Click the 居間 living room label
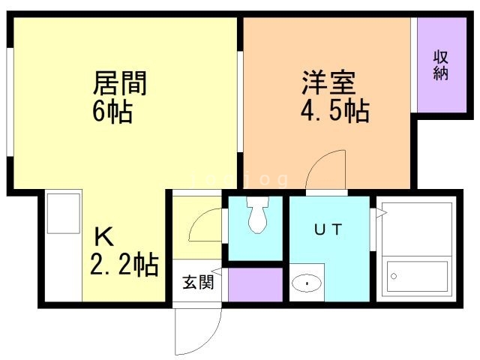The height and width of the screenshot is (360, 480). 120,82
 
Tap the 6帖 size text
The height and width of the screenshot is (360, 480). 112,112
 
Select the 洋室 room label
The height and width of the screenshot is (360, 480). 328,82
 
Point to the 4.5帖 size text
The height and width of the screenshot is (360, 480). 335,111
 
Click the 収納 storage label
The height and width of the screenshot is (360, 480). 441,65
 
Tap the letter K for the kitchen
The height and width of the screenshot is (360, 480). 104,237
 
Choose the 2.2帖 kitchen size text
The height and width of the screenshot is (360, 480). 124,264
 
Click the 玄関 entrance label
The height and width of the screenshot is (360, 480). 198,282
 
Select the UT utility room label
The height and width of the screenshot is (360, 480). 328,229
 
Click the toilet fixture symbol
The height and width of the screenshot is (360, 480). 258,214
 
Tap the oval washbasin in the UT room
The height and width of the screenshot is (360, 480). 307,283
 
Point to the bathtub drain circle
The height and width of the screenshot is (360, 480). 394,276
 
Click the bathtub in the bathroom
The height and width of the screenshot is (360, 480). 417,277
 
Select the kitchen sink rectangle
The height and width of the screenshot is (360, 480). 64,213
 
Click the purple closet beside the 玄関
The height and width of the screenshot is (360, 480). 255,285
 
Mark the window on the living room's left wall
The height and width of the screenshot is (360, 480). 10,102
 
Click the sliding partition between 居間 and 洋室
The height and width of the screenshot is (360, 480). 240,101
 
